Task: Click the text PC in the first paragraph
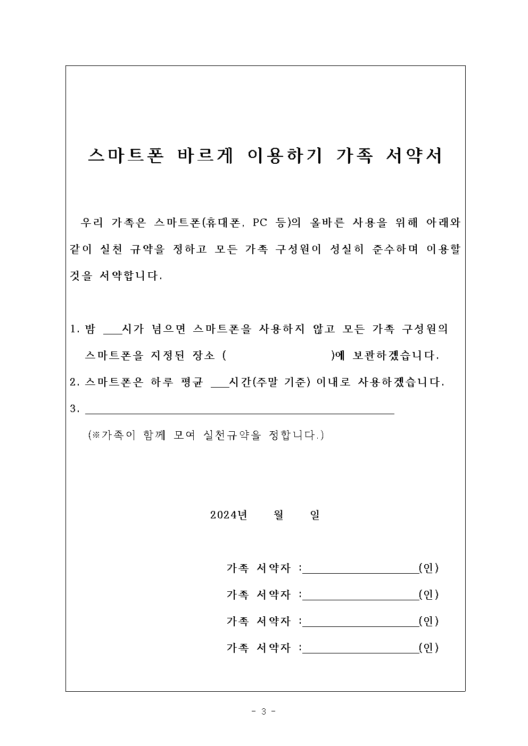(x=260, y=223)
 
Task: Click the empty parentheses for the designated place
(x=278, y=356)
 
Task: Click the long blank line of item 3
(x=240, y=410)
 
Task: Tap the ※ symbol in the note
(x=96, y=435)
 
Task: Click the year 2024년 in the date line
(x=229, y=515)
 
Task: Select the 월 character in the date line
(x=278, y=515)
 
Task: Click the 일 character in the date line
(x=315, y=515)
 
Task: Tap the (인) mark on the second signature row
(x=428, y=594)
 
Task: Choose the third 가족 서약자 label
(x=259, y=621)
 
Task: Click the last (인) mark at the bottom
(x=428, y=648)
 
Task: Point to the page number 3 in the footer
(x=263, y=711)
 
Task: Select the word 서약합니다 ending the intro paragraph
(x=130, y=276)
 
